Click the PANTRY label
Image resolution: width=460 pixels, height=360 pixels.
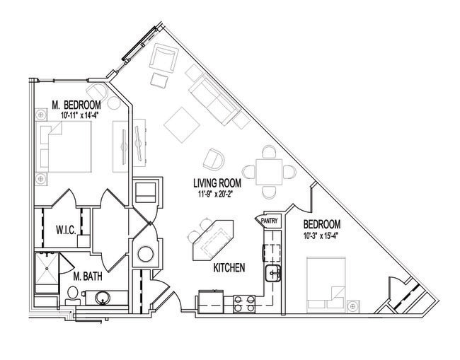[269, 221]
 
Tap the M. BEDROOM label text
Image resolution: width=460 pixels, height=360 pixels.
[76, 105]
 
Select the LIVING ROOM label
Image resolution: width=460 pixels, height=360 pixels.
[217, 183]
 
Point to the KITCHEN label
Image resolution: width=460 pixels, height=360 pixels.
[229, 267]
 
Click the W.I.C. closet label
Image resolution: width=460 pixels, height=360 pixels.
[66, 230]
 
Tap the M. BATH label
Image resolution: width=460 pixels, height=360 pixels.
[88, 276]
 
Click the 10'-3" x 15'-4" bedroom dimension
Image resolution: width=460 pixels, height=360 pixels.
[321, 236]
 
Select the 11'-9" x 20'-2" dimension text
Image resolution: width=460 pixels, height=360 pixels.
[215, 194]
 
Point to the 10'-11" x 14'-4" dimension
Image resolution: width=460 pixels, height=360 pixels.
[79, 115]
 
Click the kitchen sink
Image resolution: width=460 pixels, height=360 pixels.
[273, 273]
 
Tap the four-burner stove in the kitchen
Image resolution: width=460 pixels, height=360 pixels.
[244, 304]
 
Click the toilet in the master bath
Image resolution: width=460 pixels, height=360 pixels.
[72, 296]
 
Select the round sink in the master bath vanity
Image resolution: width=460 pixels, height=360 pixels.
[103, 298]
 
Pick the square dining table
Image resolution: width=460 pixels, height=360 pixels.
[269, 172]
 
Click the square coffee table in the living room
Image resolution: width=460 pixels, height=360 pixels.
[182, 125]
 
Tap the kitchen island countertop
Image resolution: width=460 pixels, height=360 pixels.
[213, 240]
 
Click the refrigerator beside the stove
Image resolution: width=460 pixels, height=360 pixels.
[211, 301]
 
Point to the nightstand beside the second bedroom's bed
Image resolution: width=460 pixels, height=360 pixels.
[353, 307]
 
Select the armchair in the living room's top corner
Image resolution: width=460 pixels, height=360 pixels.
[163, 58]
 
